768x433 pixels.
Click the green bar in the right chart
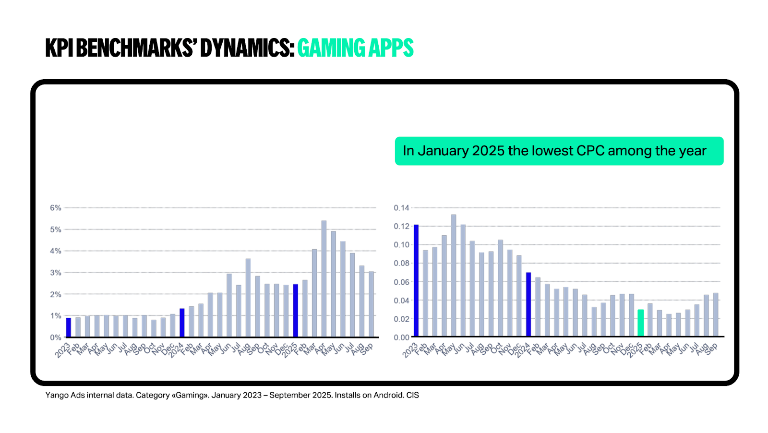(x=640, y=323)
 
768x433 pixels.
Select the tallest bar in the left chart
(x=324, y=278)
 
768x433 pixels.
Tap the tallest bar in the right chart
(x=454, y=276)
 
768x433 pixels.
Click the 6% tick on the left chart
(x=56, y=208)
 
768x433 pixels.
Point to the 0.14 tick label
(x=401, y=208)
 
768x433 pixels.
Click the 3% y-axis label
(x=56, y=273)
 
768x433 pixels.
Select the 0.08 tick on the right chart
(x=401, y=263)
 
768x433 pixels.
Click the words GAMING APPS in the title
(x=355, y=48)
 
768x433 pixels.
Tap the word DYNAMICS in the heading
(x=247, y=48)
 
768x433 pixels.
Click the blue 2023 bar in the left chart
(x=69, y=327)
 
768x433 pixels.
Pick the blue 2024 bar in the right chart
(x=528, y=305)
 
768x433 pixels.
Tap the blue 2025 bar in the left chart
(x=296, y=311)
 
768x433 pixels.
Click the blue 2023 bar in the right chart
(x=416, y=281)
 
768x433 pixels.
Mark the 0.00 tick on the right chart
(x=401, y=337)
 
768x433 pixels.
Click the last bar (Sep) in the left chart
(x=371, y=304)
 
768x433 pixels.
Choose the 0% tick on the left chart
(x=56, y=337)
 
